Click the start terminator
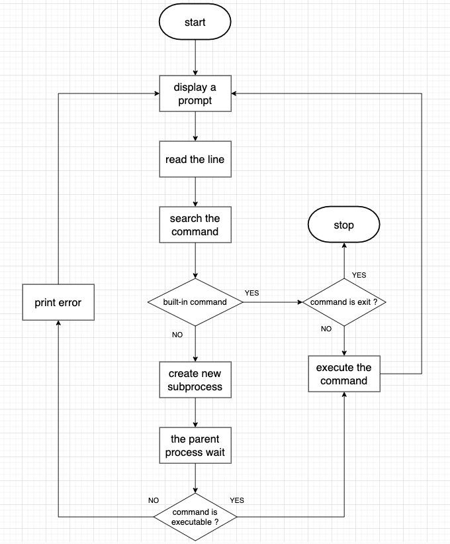pyautogui.click(x=195, y=23)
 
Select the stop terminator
pyautogui.click(x=343, y=225)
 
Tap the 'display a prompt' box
pyautogui.click(x=195, y=94)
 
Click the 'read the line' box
pyautogui.click(x=195, y=160)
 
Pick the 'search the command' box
pyautogui.click(x=195, y=225)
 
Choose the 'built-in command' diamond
pyautogui.click(x=195, y=302)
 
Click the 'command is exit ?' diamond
pyautogui.click(x=343, y=302)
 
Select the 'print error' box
pyautogui.click(x=58, y=303)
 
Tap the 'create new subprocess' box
pyautogui.click(x=195, y=380)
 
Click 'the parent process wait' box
pyautogui.click(x=195, y=446)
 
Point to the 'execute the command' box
pyautogui.click(x=343, y=374)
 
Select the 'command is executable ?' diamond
pyautogui.click(x=195, y=517)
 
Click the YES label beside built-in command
pyautogui.click(x=252, y=292)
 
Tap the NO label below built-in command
pyautogui.click(x=177, y=335)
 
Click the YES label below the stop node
pyautogui.click(x=359, y=274)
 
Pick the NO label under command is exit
pyautogui.click(x=326, y=329)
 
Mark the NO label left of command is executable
pyautogui.click(x=154, y=500)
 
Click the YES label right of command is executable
pyautogui.click(x=237, y=500)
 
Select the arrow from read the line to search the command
pyautogui.click(x=195, y=192)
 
